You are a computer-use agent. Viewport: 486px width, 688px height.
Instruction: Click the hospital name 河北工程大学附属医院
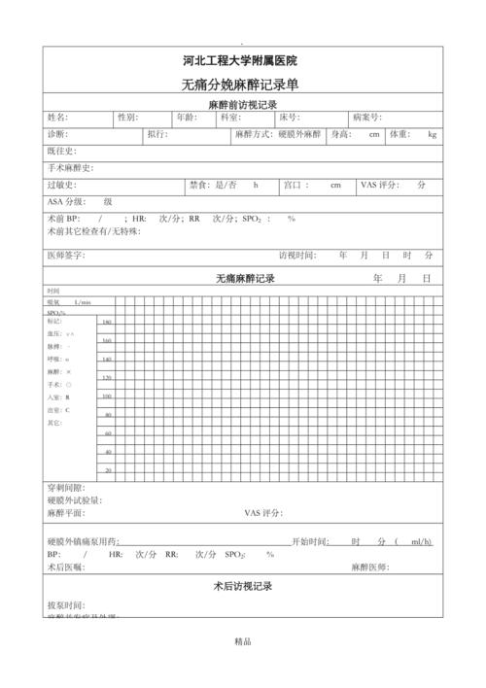pos(242,61)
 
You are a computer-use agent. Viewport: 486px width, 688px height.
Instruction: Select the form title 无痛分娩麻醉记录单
pos(242,85)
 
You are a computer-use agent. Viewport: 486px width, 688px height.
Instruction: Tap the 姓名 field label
pos(57,118)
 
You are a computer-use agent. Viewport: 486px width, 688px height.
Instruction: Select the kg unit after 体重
pos(432,134)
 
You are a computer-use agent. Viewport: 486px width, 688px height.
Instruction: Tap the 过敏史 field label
pos(61,185)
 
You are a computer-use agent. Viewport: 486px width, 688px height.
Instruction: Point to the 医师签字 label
pos(65,256)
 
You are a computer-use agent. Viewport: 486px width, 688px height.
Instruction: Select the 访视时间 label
pos(296,256)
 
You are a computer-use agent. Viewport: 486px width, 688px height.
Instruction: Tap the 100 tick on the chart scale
pos(107,396)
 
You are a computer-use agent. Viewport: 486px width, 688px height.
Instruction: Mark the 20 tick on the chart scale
pos(108,470)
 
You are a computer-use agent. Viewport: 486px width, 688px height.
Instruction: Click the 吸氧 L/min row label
pos(68,302)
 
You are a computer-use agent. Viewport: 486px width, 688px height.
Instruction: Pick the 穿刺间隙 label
pos(65,487)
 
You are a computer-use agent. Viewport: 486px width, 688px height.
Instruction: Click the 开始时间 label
pos(310,541)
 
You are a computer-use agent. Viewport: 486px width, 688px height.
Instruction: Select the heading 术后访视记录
pos(242,587)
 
